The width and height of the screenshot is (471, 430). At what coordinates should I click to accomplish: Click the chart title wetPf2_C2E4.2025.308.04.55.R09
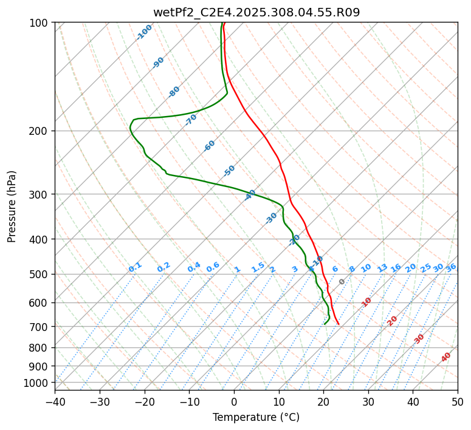[x=256, y=12]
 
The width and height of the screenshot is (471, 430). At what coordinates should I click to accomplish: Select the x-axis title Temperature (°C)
[x=256, y=417]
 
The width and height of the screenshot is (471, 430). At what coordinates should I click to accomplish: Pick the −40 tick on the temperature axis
[x=55, y=401]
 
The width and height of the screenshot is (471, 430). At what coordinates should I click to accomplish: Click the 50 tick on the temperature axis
[x=458, y=401]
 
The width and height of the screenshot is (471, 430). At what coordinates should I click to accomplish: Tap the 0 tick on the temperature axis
[x=234, y=401]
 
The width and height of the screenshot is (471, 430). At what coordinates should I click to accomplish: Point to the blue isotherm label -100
[x=144, y=32]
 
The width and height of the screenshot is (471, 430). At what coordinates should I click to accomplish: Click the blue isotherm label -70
[x=191, y=120]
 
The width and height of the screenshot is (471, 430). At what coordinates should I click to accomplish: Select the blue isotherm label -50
[x=229, y=171]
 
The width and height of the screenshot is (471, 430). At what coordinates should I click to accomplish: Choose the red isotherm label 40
[x=446, y=357]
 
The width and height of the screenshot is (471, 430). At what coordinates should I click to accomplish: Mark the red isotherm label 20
[x=393, y=320]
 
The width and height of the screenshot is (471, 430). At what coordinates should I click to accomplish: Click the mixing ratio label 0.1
[x=135, y=267]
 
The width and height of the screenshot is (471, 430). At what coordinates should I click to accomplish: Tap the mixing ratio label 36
[x=451, y=267]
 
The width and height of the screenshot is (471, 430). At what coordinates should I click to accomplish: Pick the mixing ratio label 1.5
[x=258, y=267]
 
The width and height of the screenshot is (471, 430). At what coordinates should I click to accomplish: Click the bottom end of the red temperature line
[x=339, y=324]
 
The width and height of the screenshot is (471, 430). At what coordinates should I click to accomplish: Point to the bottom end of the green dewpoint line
[x=325, y=324]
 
